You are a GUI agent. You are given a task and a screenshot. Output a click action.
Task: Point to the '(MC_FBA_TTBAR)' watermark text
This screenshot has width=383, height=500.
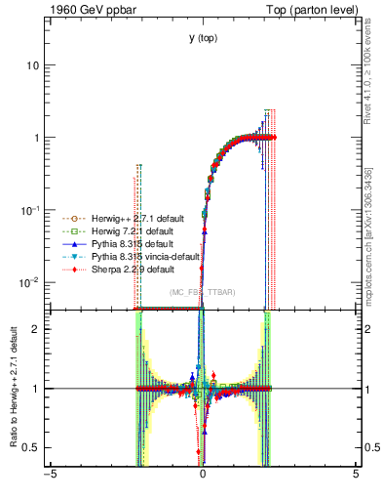(203, 293)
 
